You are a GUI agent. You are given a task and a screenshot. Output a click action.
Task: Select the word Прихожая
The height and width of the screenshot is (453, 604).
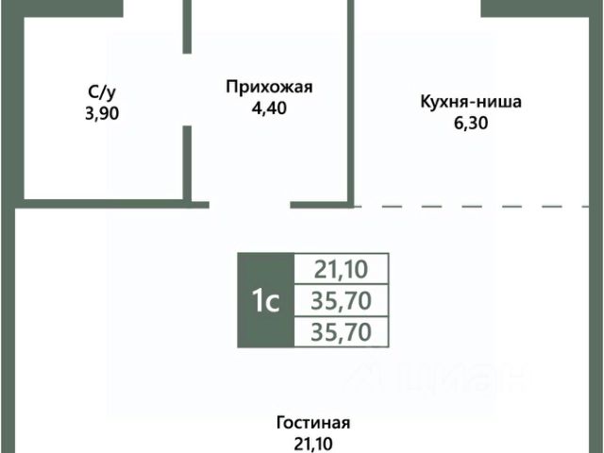pos(268,88)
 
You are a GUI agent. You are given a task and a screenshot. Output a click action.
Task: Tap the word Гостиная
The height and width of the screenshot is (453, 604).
pos(315,423)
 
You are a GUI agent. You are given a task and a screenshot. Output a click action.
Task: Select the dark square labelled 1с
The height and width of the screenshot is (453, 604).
pos(264,301)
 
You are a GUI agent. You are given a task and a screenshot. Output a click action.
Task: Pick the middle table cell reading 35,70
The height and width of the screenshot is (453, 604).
pos(341,301)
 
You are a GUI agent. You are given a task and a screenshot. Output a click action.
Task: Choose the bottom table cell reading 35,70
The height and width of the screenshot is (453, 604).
pos(341,331)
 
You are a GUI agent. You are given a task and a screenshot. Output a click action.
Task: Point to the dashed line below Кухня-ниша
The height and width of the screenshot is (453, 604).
pos(472,205)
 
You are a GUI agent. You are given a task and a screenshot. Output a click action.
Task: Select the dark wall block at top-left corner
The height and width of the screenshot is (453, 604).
pos(61,8)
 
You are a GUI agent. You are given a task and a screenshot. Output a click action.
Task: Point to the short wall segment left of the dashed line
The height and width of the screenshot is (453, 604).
pos(322,203)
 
